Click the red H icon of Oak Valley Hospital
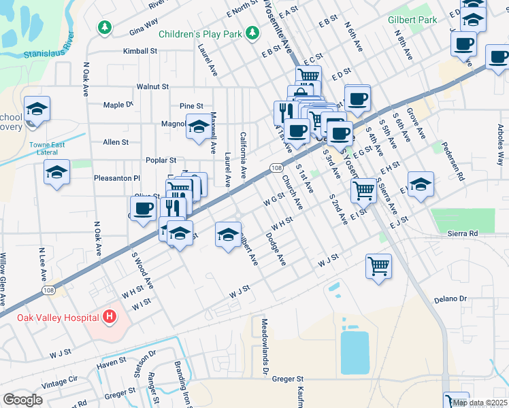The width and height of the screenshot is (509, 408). tap(108, 317)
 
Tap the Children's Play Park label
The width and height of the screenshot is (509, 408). tap(200, 34)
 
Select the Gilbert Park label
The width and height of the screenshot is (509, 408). tap(412, 20)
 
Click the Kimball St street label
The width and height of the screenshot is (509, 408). tap(139, 51)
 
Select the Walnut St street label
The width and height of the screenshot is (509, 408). tap(152, 87)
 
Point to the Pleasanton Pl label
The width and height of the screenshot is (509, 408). tap(116, 178)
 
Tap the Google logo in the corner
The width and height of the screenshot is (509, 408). tap(23, 400)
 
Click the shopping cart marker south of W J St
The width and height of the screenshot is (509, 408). tap(378, 265)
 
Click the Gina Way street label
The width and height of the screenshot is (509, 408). tap(142, 32)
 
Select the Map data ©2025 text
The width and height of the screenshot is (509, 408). tap(479, 403)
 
